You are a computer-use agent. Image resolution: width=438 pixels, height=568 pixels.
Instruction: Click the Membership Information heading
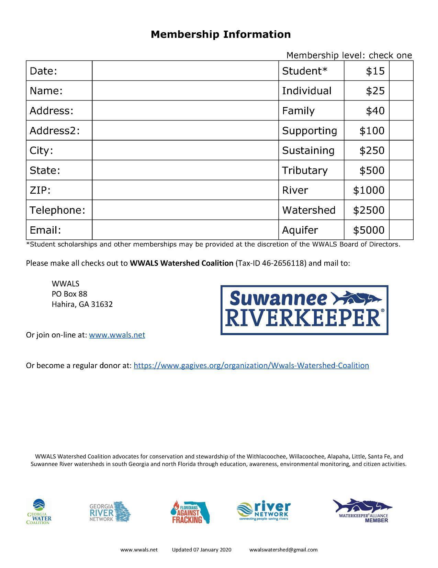pyautogui.click(x=221, y=34)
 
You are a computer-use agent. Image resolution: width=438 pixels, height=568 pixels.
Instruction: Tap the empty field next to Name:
pyautogui.click(x=185, y=91)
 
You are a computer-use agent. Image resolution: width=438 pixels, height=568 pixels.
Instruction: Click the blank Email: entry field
pyautogui.click(x=185, y=230)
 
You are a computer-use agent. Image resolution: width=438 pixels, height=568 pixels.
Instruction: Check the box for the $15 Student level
pyautogui.click(x=401, y=71)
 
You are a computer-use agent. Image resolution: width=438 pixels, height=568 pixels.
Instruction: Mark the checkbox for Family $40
pyautogui.click(x=401, y=111)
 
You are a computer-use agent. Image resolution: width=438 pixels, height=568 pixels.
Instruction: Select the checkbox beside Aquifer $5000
pyautogui.click(x=401, y=230)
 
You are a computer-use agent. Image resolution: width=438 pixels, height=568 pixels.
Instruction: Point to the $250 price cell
pyautogui.click(x=366, y=150)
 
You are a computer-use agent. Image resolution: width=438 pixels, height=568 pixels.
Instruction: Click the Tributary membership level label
pyautogui.click(x=305, y=170)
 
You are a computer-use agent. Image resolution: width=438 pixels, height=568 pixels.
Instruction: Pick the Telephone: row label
pyautogui.click(x=57, y=210)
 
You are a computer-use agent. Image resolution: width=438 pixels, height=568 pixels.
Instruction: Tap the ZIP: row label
pyautogui.click(x=40, y=190)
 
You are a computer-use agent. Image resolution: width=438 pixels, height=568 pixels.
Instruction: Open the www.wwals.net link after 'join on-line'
pyautogui.click(x=117, y=335)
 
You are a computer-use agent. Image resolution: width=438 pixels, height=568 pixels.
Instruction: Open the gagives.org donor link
pyautogui.click(x=251, y=365)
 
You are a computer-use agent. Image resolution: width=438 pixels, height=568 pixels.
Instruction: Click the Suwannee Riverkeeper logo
pyautogui.click(x=304, y=310)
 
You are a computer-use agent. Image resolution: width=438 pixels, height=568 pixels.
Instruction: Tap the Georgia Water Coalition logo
pyautogui.click(x=39, y=512)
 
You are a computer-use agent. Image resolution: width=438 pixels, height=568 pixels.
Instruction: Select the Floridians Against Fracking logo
pyautogui.click(x=190, y=512)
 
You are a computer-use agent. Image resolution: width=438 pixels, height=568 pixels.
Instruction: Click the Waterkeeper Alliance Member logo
pyautogui.click(x=363, y=511)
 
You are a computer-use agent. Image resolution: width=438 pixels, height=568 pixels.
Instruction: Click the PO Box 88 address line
pyautogui.click(x=69, y=294)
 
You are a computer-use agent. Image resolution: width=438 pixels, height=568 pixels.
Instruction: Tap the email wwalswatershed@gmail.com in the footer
pyautogui.click(x=283, y=549)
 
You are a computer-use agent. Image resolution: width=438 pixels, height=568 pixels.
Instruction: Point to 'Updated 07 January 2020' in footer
pyautogui.click(x=202, y=549)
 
